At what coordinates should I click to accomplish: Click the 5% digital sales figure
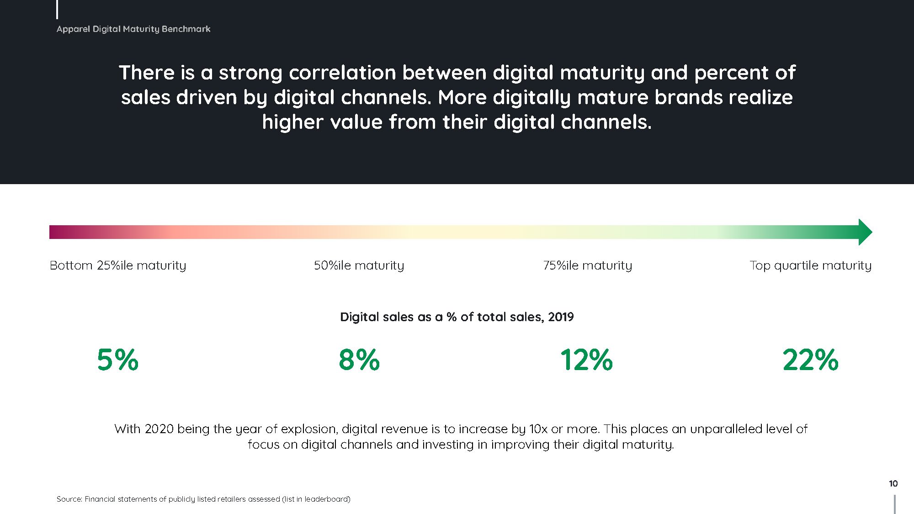(x=118, y=360)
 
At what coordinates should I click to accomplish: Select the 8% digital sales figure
(x=359, y=360)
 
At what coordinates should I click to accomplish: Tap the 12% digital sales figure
(x=586, y=360)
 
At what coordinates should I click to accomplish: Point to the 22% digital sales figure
(x=810, y=360)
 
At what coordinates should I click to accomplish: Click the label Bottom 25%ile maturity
(x=118, y=265)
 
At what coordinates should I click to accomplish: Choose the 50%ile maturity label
(x=359, y=265)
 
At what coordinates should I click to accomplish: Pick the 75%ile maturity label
(x=588, y=265)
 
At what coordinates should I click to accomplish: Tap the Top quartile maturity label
(x=811, y=265)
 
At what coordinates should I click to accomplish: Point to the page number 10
(x=893, y=483)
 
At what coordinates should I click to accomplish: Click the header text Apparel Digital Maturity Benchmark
(x=133, y=29)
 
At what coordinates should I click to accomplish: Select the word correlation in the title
(x=342, y=73)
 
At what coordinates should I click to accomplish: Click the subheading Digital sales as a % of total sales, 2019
(x=457, y=317)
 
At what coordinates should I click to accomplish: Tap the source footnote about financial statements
(x=203, y=499)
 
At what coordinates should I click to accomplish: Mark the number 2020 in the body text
(x=159, y=429)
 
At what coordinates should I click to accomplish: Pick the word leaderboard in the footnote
(x=326, y=499)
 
